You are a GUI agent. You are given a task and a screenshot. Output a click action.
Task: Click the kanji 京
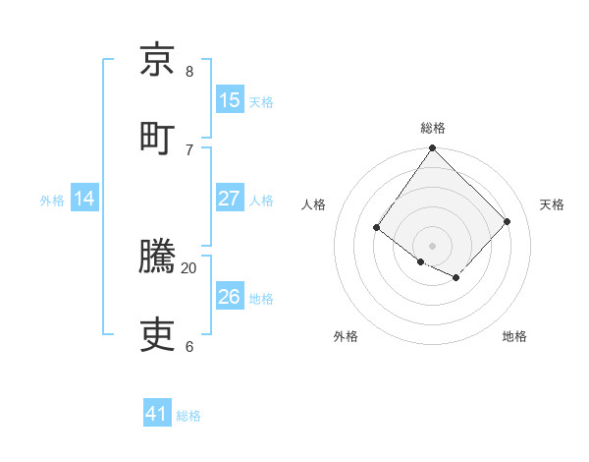pyautogui.click(x=158, y=60)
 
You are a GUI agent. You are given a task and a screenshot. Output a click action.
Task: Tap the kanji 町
pyautogui.click(x=158, y=137)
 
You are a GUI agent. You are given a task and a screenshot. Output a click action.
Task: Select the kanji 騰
pyautogui.click(x=158, y=257)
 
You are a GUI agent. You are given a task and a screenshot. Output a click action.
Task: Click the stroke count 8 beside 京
pyautogui.click(x=189, y=72)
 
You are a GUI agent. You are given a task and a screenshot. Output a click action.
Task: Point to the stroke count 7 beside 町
pyautogui.click(x=189, y=149)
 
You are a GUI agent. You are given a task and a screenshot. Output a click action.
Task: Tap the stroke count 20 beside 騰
pyautogui.click(x=189, y=267)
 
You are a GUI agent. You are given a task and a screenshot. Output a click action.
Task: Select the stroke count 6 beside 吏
pyautogui.click(x=189, y=346)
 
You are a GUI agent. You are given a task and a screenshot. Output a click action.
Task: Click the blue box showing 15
pyautogui.click(x=230, y=100)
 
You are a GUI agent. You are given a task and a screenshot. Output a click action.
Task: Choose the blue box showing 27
pyautogui.click(x=230, y=199)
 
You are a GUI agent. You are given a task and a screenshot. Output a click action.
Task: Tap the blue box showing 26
pyautogui.click(x=230, y=297)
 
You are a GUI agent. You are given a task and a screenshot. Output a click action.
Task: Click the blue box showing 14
pyautogui.click(x=84, y=199)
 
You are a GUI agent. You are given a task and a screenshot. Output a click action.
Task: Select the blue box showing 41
pyautogui.click(x=157, y=414)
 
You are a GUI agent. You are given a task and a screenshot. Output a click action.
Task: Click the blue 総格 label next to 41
pyautogui.click(x=188, y=416)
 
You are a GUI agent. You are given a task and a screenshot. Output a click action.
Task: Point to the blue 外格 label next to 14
pyautogui.click(x=52, y=201)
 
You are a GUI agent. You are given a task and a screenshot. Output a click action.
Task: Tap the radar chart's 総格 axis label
pyautogui.click(x=432, y=128)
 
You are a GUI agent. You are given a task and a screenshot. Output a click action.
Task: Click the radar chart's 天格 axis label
pyautogui.click(x=552, y=204)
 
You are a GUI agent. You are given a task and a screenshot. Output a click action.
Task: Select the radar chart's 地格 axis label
pyautogui.click(x=514, y=337)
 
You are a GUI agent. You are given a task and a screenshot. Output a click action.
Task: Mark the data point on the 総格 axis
pyautogui.click(x=432, y=148)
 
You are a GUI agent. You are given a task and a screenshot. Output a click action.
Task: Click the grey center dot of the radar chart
pyautogui.click(x=432, y=245)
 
